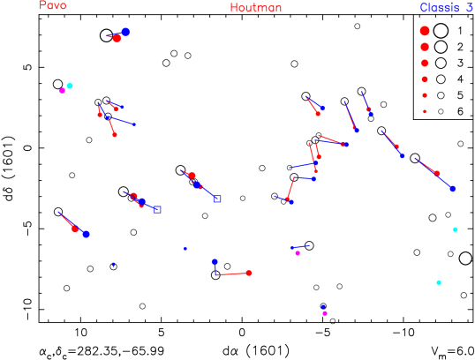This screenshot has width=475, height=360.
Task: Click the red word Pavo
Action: [x=52, y=5]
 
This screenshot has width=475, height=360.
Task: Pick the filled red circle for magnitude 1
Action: [x=425, y=31]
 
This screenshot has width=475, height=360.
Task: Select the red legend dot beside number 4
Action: [x=425, y=79]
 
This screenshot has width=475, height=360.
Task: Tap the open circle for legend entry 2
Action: [x=441, y=47]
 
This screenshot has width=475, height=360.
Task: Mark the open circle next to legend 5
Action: [x=441, y=95]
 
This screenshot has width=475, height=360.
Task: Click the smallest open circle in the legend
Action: [x=441, y=111]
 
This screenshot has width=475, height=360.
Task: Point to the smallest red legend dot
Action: [x=425, y=111]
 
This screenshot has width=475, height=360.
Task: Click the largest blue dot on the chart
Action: [x=125, y=32]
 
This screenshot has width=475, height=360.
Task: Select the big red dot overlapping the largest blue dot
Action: [x=117, y=38]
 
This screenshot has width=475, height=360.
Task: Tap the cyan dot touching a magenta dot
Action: [x=70, y=86]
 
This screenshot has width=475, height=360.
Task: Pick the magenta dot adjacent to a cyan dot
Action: [x=62, y=90]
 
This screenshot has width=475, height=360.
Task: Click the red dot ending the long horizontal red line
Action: [x=249, y=273]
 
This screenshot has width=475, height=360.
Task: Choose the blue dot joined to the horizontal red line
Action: [x=215, y=262]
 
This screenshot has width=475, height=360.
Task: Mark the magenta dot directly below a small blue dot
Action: [x=325, y=313]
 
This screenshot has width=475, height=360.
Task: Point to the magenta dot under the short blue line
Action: [x=298, y=253]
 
